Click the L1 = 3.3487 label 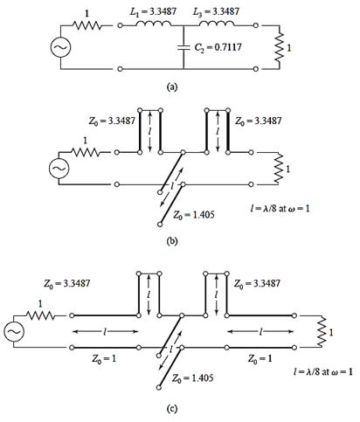point(153,11)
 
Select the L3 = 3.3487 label point(216,11)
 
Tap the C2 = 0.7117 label point(218,47)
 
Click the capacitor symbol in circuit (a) point(183,47)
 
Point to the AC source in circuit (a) point(60,47)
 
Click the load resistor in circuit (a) point(279,47)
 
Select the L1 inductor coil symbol point(154,24)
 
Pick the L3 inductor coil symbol point(217,24)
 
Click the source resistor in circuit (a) point(87,25)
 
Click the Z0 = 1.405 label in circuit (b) point(194,215)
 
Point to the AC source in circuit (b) point(59,169)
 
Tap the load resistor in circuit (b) point(279,169)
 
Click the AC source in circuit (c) point(14,331)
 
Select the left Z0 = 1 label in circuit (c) point(104,358)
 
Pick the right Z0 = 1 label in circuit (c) point(260,358)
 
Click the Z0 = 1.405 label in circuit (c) point(192,378)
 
